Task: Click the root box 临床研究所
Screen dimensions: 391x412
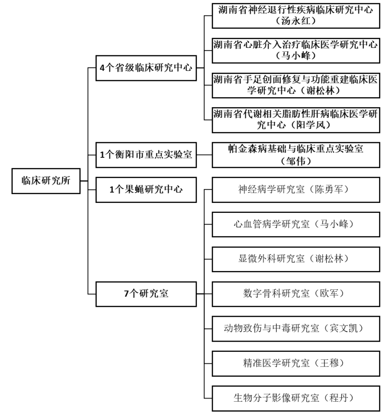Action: [46, 181]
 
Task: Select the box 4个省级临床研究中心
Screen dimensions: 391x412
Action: [146, 68]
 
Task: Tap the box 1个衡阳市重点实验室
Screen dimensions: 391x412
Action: [146, 155]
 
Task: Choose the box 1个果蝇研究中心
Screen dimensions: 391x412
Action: [146, 190]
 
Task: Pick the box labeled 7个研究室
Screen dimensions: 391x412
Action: [146, 294]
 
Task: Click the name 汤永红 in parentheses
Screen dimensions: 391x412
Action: [296, 21]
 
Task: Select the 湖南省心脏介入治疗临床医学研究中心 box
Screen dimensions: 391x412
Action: [296, 50]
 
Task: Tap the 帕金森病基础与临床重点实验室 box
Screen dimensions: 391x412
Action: [296, 155]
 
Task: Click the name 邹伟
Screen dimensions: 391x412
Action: [296, 161]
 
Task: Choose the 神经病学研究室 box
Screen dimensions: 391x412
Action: [296, 190]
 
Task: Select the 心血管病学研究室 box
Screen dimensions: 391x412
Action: [296, 225]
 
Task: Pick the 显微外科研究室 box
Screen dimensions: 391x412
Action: [296, 259]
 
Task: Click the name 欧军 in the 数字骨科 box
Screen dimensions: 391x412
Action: [329, 294]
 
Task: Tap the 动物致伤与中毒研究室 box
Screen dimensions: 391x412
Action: [296, 329]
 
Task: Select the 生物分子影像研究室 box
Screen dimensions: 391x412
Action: [296, 398]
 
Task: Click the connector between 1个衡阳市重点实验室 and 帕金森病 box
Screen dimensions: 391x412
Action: [205, 155]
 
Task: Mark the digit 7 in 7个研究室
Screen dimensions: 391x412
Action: [127, 294]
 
